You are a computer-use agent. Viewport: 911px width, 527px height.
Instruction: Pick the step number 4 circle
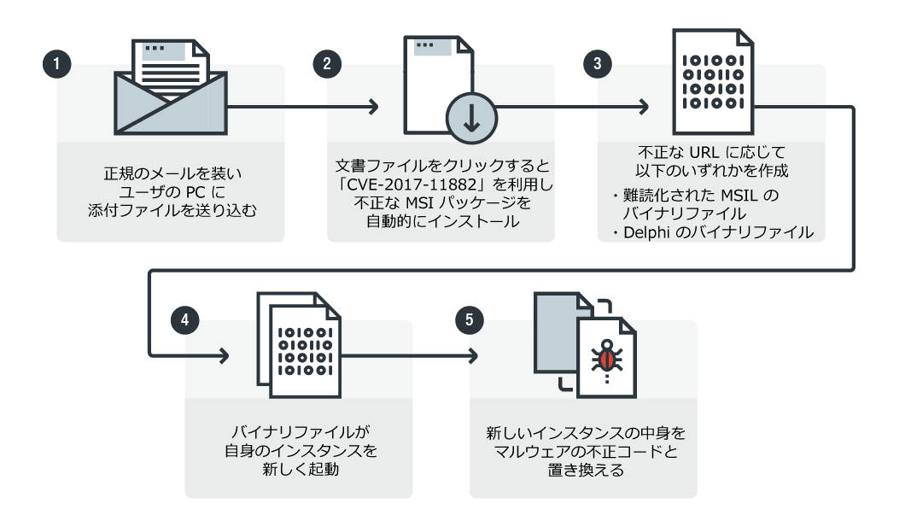click(x=184, y=321)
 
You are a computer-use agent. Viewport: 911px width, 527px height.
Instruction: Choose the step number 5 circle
click(x=469, y=321)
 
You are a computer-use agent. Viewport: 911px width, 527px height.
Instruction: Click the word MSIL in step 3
click(x=740, y=195)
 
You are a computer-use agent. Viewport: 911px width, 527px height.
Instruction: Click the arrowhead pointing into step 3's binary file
click(x=644, y=108)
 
